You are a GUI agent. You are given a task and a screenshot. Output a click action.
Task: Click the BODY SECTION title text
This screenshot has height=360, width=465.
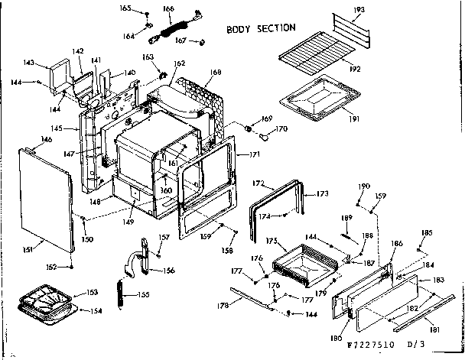tap(261, 28)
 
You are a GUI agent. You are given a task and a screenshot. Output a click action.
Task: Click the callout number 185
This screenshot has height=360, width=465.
tap(427, 232)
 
